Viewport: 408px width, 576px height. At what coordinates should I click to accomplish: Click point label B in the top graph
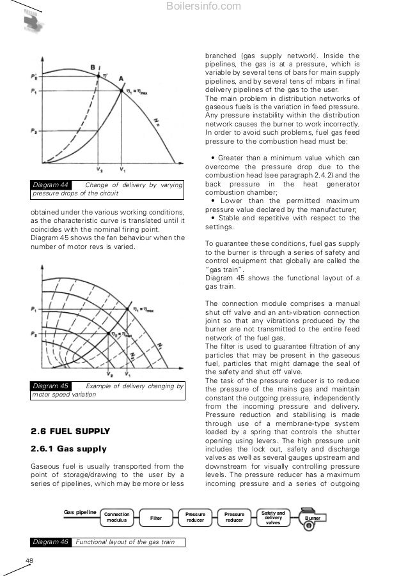tap(93, 66)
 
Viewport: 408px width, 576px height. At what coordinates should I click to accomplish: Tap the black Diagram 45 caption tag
tap(51, 386)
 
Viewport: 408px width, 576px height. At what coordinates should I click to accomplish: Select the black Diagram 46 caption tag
tap(51, 542)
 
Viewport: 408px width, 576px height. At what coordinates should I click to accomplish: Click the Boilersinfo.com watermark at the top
tap(203, 7)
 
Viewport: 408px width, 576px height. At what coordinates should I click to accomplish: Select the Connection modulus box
tap(116, 517)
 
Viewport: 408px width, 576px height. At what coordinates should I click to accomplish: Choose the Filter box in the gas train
tap(155, 517)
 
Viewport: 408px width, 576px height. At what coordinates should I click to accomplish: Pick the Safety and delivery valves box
tap(273, 517)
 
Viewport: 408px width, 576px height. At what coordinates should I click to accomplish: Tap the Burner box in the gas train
tap(311, 519)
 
